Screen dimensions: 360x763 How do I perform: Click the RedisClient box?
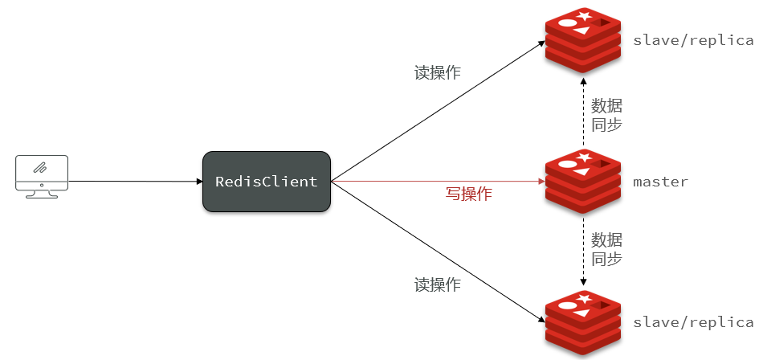click(x=266, y=182)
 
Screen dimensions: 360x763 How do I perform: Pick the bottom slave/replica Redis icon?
click(x=583, y=321)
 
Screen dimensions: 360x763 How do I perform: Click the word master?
click(x=660, y=182)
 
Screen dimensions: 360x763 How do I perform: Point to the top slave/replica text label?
click(x=693, y=39)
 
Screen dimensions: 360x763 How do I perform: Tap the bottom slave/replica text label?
click(x=693, y=322)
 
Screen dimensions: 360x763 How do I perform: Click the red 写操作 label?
click(x=468, y=194)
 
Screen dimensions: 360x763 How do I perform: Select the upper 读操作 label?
click(x=437, y=72)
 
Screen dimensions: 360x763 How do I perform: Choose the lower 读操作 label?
click(x=437, y=284)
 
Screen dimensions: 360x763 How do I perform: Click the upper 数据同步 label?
click(x=606, y=115)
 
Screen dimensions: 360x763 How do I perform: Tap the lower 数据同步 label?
click(x=606, y=249)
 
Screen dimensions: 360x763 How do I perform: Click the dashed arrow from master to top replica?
click(x=583, y=112)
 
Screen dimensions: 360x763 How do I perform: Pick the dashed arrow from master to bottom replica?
click(x=583, y=249)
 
